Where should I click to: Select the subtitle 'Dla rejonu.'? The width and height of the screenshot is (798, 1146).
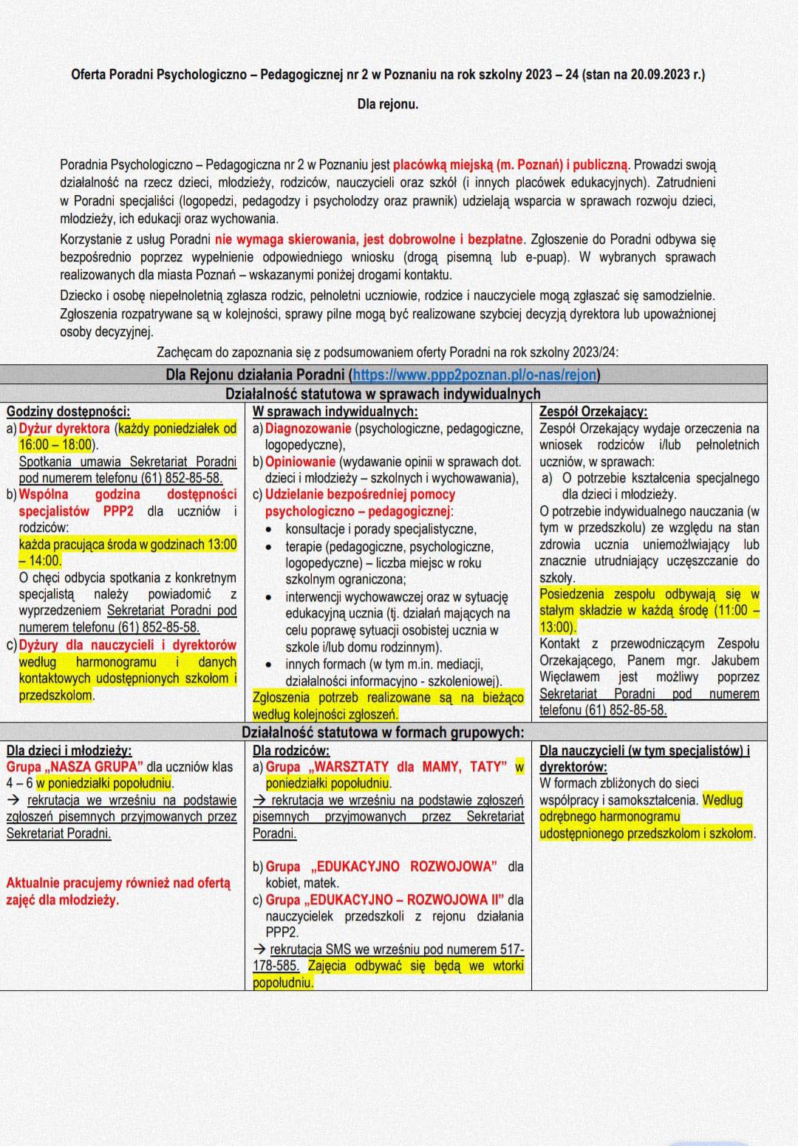(x=388, y=104)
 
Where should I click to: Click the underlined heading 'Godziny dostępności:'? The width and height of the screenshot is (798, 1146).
(x=68, y=412)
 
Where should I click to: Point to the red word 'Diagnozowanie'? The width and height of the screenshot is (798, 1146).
(x=308, y=429)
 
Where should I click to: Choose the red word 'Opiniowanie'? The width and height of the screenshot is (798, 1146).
(x=300, y=461)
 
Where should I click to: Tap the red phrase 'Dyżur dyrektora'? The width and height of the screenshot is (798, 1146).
(x=64, y=429)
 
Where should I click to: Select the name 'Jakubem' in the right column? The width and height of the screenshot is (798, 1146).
(x=732, y=661)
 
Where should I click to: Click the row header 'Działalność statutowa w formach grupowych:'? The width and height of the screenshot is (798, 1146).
(x=383, y=732)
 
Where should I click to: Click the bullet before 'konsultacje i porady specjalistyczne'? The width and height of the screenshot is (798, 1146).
(x=271, y=529)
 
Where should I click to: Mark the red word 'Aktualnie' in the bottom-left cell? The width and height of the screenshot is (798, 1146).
(x=34, y=883)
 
